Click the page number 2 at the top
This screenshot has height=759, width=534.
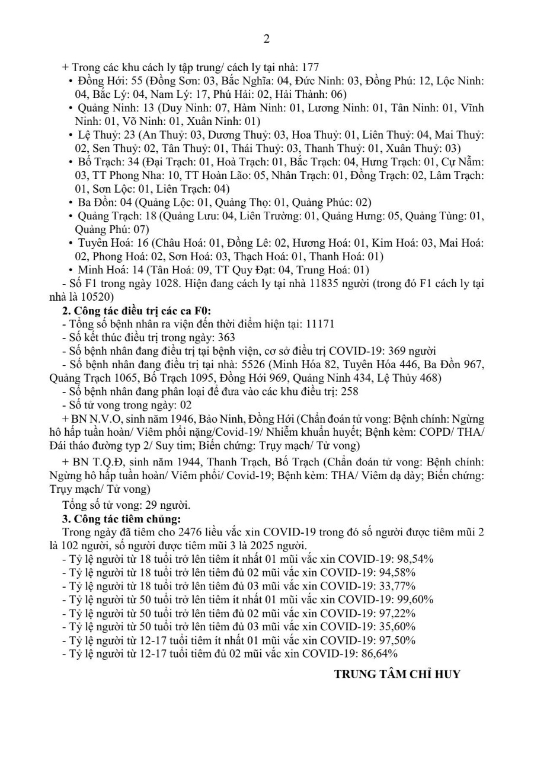pyautogui.click(x=266, y=39)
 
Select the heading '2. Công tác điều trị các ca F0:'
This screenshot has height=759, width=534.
pyautogui.click(x=136, y=310)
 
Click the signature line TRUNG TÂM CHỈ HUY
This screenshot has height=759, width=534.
pyautogui.click(x=396, y=674)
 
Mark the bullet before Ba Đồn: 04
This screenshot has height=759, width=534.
pyautogui.click(x=72, y=203)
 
